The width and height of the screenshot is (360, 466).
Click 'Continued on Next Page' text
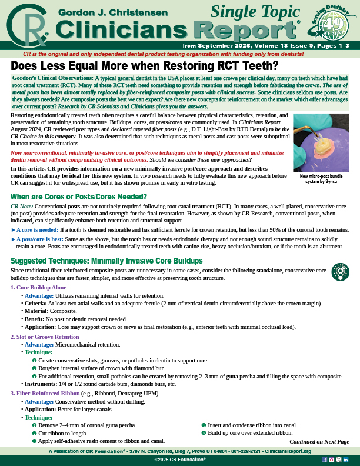[x=319, y=441]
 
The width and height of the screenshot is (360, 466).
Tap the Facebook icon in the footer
[x=324, y=459]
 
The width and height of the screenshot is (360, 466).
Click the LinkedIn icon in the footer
[x=345, y=459]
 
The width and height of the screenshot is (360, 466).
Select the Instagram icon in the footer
[x=331, y=459]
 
